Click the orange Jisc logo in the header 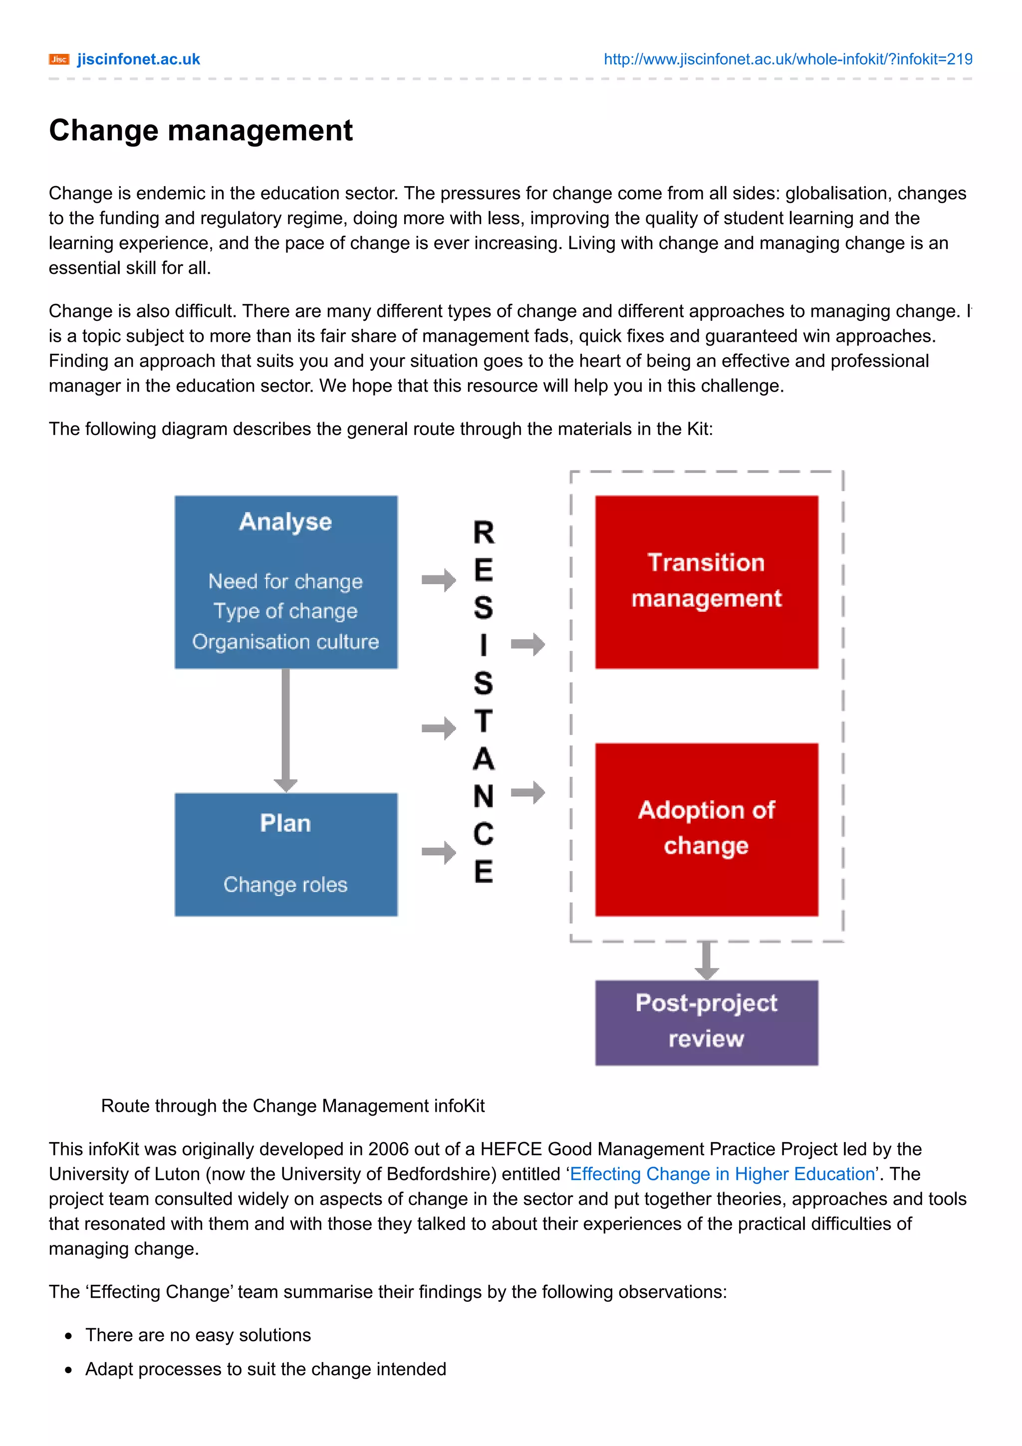click(58, 60)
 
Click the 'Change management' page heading click(201, 130)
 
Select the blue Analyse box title click(285, 521)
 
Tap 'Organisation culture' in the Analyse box click(285, 642)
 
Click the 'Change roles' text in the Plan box click(285, 885)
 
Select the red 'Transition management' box click(706, 581)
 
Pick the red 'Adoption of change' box click(706, 829)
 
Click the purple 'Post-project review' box click(706, 1021)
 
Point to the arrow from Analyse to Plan click(285, 730)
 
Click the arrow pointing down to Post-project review click(706, 961)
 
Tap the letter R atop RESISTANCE click(484, 533)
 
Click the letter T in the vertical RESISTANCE click(484, 721)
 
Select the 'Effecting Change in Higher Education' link click(722, 1174)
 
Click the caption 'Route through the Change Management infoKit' click(293, 1106)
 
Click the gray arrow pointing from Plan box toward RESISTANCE click(439, 853)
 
